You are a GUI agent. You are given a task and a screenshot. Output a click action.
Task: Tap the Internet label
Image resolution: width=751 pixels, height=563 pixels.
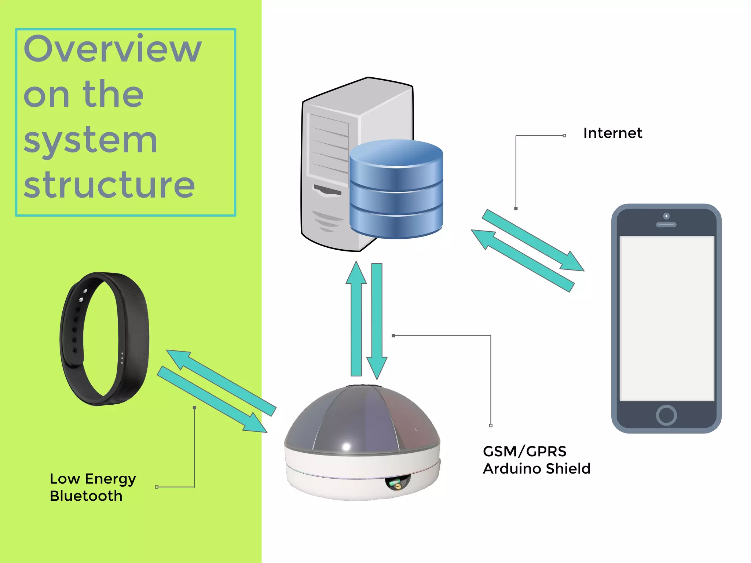coord(612,133)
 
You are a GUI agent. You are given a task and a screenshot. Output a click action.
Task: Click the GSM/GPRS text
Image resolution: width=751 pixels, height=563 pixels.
coord(524,451)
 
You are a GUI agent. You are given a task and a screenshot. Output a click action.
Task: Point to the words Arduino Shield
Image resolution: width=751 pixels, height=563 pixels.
coord(536,468)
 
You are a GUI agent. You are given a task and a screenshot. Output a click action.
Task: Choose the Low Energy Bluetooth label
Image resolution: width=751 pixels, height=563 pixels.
coord(92,487)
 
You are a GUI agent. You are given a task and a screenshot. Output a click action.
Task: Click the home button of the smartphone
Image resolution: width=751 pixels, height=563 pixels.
coord(666,415)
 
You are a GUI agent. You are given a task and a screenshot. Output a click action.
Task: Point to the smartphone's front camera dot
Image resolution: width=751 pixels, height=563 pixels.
coord(666,216)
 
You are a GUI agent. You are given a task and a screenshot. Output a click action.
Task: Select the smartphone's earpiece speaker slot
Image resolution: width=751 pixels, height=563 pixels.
coord(666,225)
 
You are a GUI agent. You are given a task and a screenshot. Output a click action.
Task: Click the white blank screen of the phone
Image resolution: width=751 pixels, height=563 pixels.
coord(666,318)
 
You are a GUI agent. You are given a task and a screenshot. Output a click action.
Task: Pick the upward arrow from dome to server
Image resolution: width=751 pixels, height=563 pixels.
coord(356,319)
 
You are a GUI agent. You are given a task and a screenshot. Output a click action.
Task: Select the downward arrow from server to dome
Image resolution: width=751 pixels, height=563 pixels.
coord(377,319)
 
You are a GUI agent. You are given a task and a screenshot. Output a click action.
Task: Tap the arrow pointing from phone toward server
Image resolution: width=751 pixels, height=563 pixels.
coord(523,260)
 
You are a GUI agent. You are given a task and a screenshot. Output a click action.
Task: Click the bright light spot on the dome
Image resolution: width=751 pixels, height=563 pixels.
coord(346,446)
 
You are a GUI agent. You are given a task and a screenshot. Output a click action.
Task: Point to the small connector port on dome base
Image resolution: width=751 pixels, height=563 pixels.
coord(397,485)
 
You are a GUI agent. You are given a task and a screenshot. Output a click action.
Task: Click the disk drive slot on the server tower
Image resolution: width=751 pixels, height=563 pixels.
coord(327,191)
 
